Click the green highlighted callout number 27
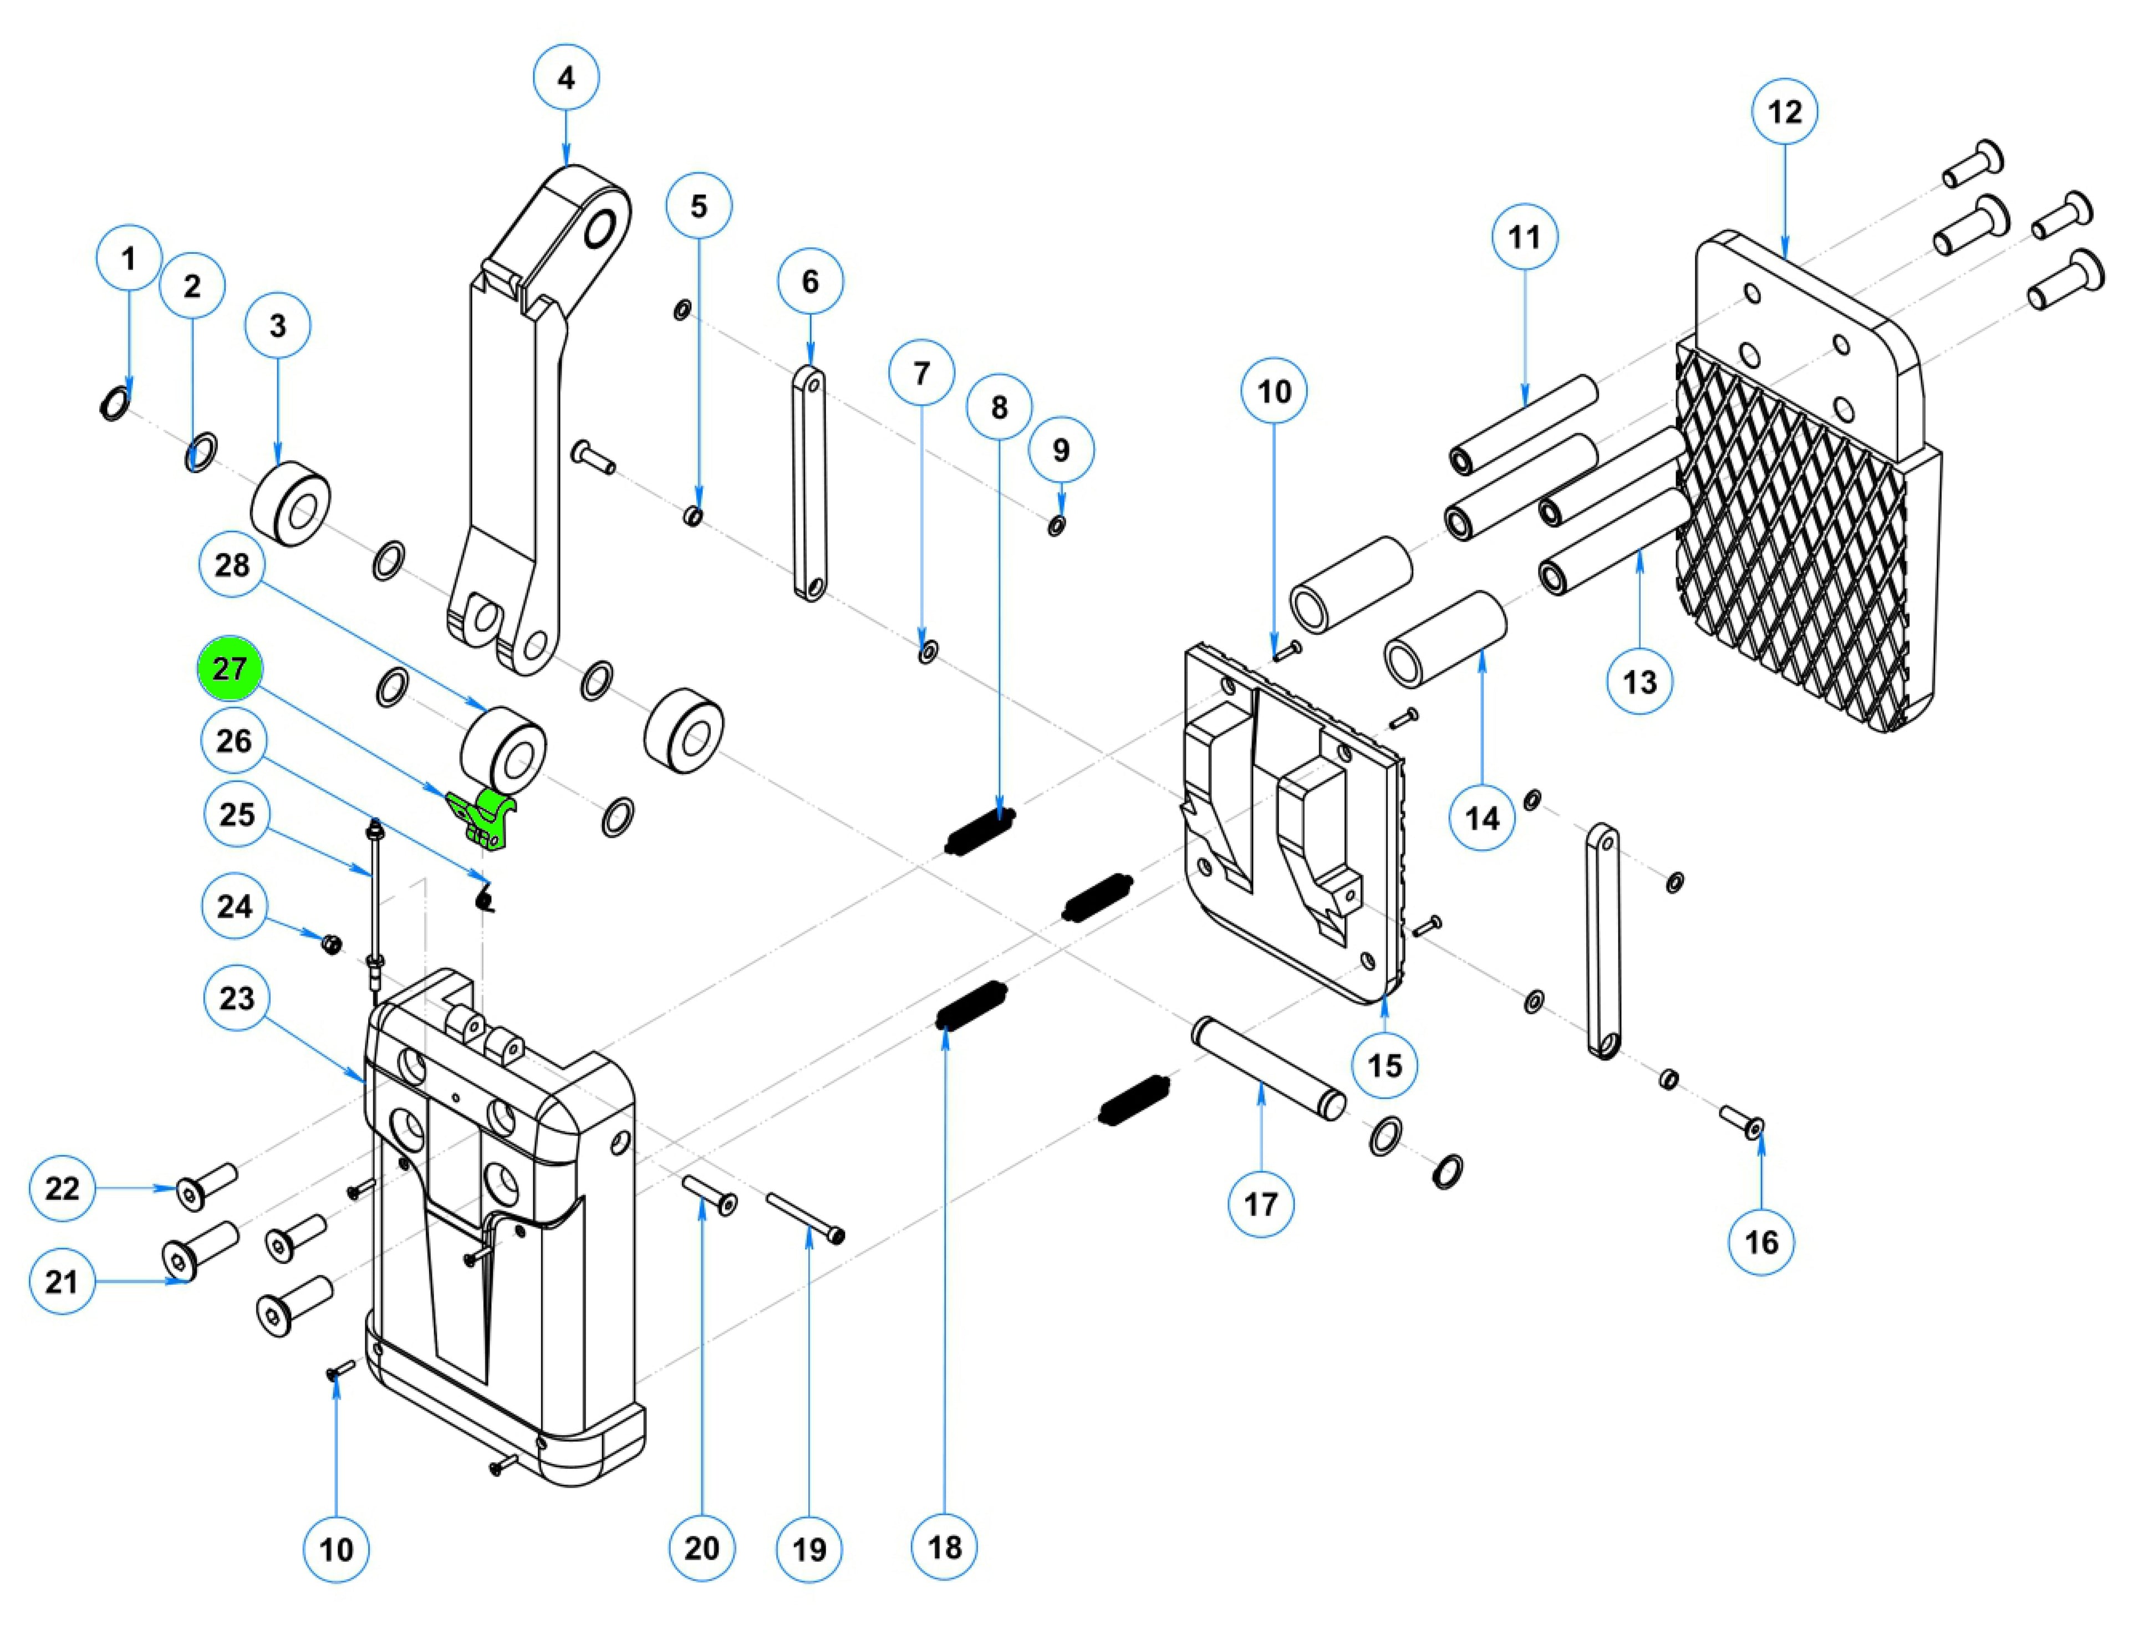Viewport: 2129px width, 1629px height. click(230, 668)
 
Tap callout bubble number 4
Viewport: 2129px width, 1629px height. click(567, 76)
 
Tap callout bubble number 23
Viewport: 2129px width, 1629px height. click(237, 998)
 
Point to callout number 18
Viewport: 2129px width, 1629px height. click(944, 1546)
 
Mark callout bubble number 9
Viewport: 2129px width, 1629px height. click(1061, 450)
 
